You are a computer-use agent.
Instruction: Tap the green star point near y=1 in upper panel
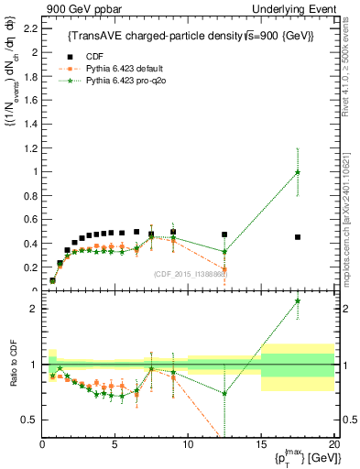pyautogui.click(x=298, y=172)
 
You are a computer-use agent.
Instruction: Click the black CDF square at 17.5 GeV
pyautogui.click(x=298, y=237)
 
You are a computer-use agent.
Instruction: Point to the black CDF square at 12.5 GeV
pyautogui.click(x=224, y=234)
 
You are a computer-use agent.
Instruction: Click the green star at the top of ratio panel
pyautogui.click(x=298, y=300)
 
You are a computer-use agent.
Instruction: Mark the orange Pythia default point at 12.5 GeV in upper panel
pyautogui.click(x=224, y=268)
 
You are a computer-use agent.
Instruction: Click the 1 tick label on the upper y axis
pyautogui.click(x=34, y=171)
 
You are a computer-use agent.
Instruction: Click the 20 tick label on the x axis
pyautogui.click(x=333, y=444)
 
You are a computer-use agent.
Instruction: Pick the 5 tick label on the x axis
pyautogui.click(x=115, y=444)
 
